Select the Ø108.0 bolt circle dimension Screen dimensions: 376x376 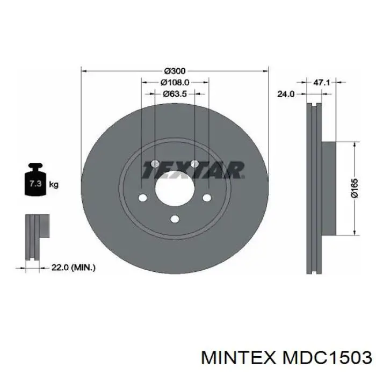tap(175, 82)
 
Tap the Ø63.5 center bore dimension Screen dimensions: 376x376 tap(175, 93)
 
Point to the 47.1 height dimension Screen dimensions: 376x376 tap(321, 83)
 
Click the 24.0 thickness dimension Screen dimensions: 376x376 tap(285, 94)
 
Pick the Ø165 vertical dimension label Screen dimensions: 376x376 tap(355, 187)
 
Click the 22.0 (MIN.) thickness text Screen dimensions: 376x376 tap(73, 266)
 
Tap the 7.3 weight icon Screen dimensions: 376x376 tap(35, 183)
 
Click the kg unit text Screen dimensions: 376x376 tap(54, 185)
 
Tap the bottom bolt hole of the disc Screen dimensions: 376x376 tap(175, 219)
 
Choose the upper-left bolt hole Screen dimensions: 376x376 tap(155, 163)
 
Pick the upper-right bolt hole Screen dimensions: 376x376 tap(195, 163)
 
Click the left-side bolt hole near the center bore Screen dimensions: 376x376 tap(142, 198)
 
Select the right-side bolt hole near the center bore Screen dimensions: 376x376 tap(207, 198)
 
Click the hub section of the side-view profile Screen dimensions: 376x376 tap(329, 187)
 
